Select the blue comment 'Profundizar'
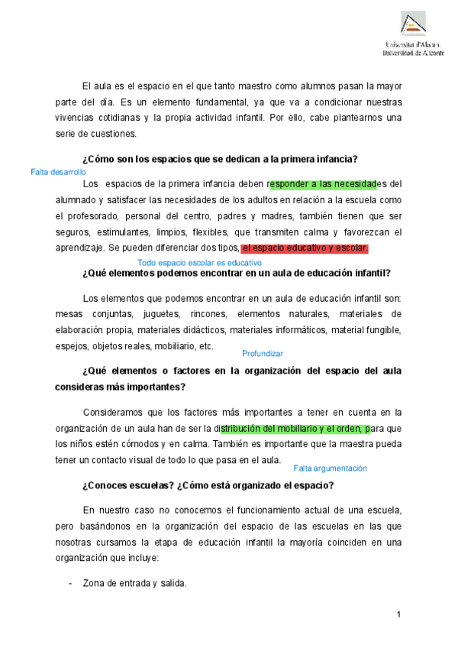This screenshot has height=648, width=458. pos(262,353)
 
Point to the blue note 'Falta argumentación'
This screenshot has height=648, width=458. pos(330,468)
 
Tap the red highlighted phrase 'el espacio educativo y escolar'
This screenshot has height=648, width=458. pos(305,248)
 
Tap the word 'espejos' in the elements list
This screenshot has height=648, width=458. pos(71,345)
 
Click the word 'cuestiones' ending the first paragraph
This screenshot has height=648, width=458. pos(113,134)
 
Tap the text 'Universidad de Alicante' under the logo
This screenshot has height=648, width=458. pos(413,54)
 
